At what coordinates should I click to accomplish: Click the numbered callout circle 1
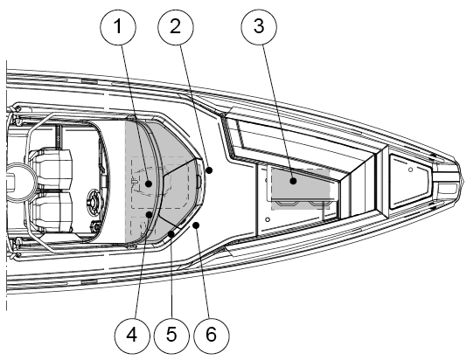[118, 27]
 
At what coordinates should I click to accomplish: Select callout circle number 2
[176, 27]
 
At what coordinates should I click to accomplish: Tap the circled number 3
[259, 26]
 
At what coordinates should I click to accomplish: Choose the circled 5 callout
[171, 335]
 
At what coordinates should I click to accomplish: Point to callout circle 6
[212, 336]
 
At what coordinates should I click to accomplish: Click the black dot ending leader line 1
[149, 183]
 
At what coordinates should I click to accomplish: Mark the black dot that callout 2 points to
[209, 170]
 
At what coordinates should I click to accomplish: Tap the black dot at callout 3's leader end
[293, 181]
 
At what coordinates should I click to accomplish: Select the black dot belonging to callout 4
[149, 214]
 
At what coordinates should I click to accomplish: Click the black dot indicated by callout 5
[171, 234]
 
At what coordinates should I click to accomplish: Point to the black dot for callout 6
[196, 225]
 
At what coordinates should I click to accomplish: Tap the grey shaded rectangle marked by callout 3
[301, 189]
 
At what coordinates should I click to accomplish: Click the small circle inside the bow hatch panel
[410, 170]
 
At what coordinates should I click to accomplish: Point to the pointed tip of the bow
[464, 181]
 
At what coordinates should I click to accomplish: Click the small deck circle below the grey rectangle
[268, 219]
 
